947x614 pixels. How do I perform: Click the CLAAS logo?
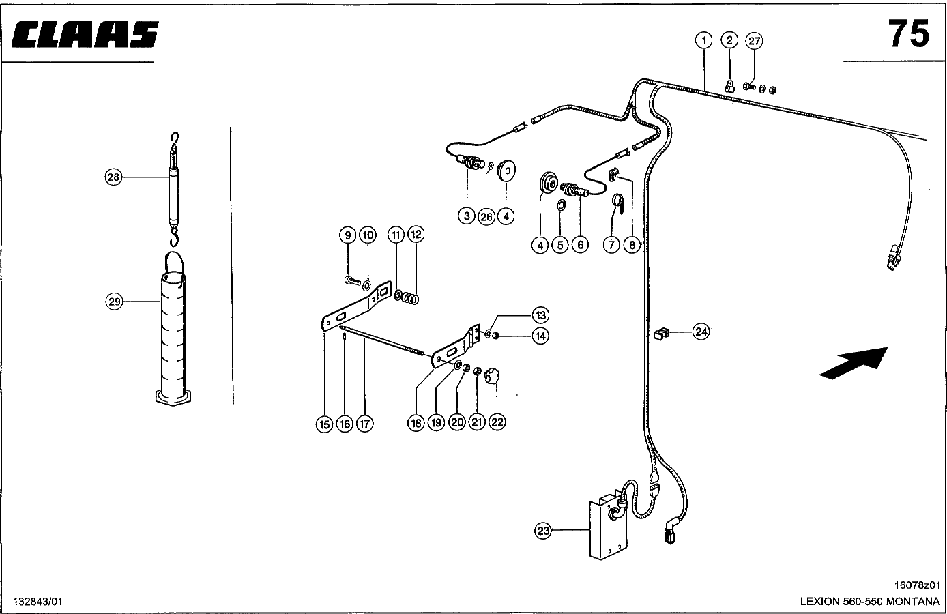(85, 34)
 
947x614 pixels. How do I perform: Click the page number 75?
(909, 34)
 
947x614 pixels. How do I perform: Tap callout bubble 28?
(113, 177)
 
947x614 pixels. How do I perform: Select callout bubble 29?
(114, 302)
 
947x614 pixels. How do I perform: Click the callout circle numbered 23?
(543, 530)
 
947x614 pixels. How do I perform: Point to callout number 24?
(701, 332)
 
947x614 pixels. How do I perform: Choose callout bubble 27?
(754, 41)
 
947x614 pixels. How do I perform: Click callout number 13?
(540, 315)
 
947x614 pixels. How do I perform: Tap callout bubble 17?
(365, 423)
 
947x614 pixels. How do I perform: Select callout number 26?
(486, 217)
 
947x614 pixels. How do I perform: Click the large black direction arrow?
(854, 363)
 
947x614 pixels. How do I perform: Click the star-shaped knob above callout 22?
(492, 376)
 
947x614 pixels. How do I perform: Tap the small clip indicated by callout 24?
(661, 334)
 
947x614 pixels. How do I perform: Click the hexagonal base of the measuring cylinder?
(173, 398)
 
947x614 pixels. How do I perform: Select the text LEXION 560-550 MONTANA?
(870, 601)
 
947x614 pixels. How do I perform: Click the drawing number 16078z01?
(917, 585)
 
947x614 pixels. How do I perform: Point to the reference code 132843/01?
(38, 601)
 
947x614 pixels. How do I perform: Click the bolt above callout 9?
(353, 280)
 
